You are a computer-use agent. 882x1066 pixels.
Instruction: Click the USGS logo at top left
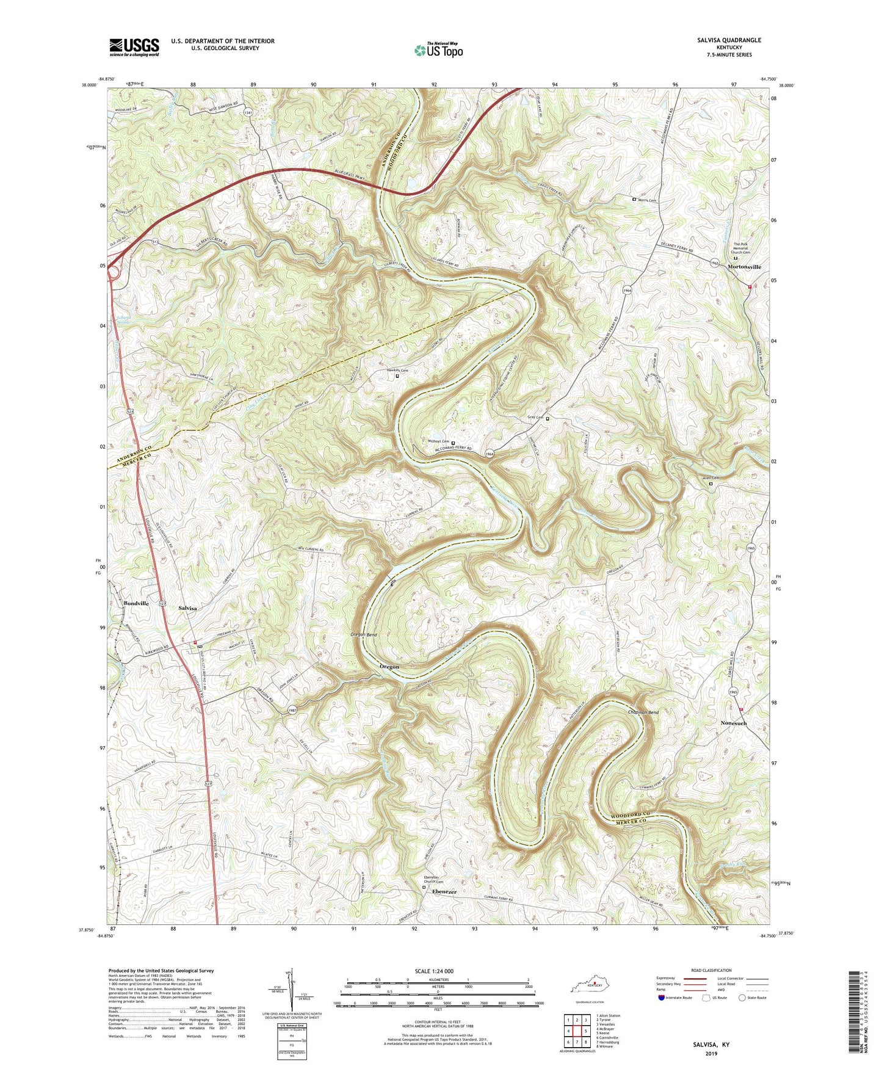click(x=134, y=46)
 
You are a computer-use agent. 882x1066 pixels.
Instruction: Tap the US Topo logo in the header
click(x=438, y=50)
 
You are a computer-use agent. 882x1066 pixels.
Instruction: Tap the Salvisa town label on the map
click(x=188, y=608)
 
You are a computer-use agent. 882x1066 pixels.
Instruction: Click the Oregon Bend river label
click(x=364, y=635)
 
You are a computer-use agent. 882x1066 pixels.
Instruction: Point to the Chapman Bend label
click(x=643, y=712)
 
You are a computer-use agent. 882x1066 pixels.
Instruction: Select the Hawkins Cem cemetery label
click(x=397, y=370)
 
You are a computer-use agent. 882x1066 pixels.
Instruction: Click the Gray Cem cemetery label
click(x=535, y=418)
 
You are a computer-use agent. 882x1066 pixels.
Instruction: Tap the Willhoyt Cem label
click(x=438, y=441)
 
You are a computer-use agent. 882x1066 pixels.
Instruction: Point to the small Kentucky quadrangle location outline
click(x=587, y=987)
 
